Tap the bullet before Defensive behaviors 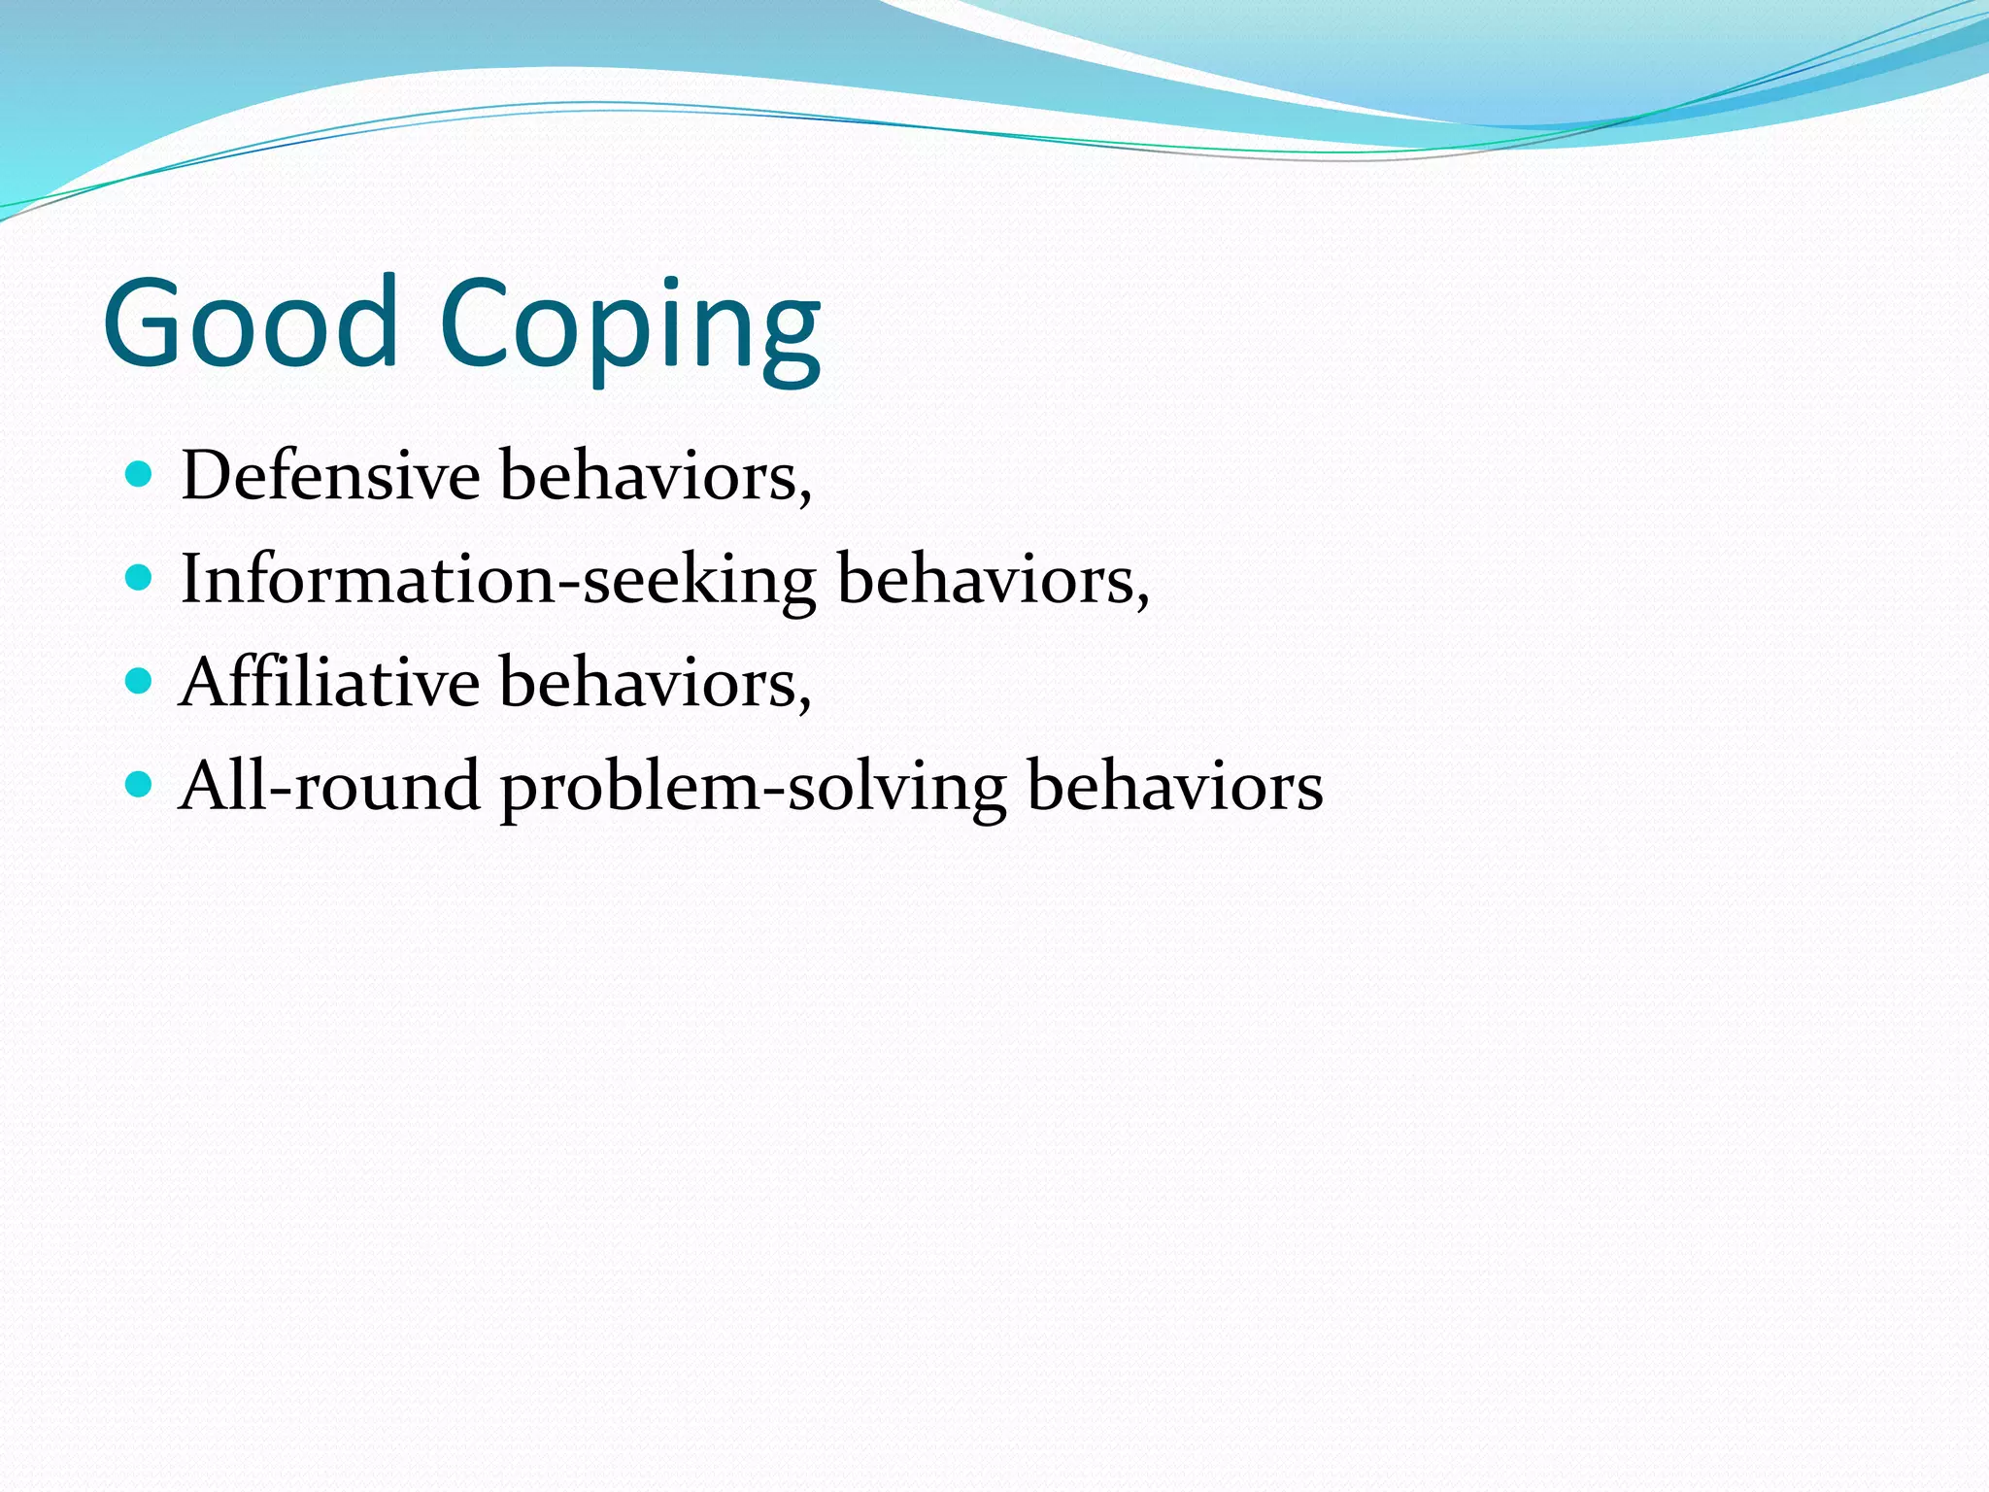point(140,475)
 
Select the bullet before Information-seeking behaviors point(140,579)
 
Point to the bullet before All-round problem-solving point(140,785)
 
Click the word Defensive point(330,476)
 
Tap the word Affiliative point(329,682)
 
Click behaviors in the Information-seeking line point(986,580)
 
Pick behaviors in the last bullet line point(1174,785)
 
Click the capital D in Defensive point(208,476)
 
